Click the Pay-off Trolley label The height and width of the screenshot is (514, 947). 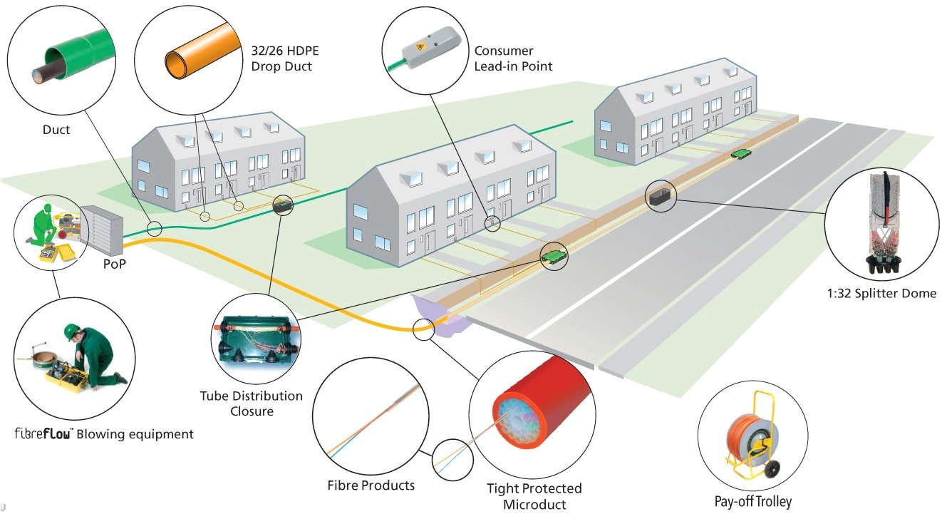[x=752, y=501]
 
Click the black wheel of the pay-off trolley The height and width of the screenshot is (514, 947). [x=772, y=469]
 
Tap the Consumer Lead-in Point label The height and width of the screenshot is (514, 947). [x=513, y=58]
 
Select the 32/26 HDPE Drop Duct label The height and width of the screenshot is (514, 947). [x=281, y=58]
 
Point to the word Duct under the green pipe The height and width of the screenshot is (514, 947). [x=56, y=130]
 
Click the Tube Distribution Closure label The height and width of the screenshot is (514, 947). [x=251, y=404]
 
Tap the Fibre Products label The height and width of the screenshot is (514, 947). [x=371, y=485]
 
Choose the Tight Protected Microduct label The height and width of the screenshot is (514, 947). [x=534, y=496]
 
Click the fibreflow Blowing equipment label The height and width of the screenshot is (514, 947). [x=104, y=433]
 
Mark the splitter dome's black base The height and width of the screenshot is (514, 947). [x=882, y=264]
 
